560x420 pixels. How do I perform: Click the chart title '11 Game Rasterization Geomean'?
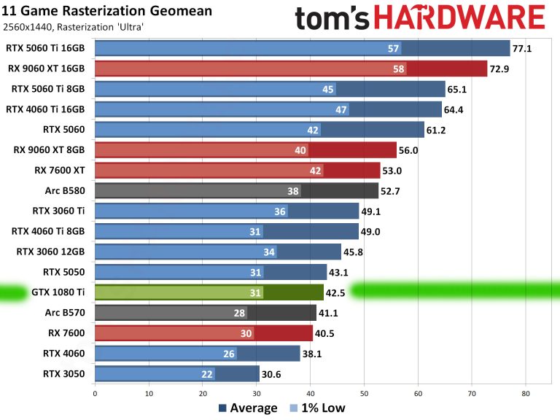[108, 11]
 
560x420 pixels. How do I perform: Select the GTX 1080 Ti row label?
[58, 293]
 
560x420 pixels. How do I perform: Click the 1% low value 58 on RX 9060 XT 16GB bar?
[398, 69]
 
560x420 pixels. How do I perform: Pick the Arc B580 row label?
[65, 191]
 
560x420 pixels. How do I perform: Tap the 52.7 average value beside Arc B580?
[392, 191]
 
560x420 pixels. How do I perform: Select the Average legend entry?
[248, 408]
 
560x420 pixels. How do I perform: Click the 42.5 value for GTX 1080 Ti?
[337, 293]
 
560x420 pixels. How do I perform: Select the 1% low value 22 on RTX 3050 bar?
[208, 374]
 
